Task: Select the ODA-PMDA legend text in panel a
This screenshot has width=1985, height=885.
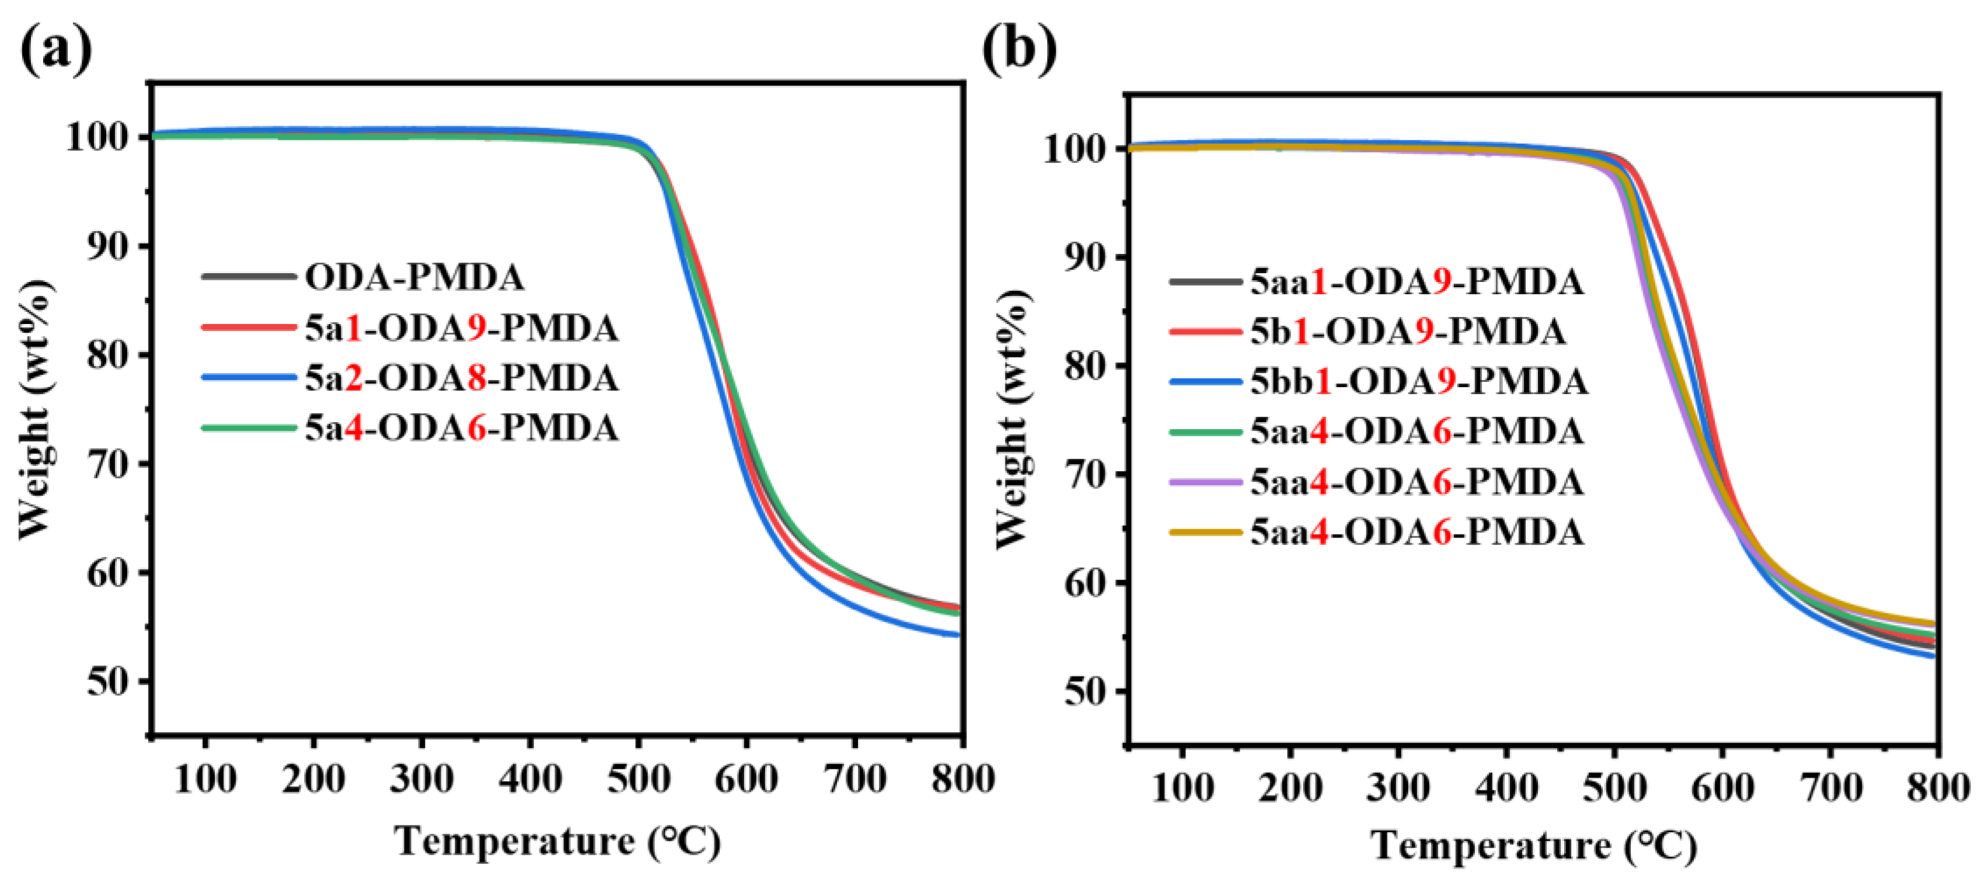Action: tap(414, 277)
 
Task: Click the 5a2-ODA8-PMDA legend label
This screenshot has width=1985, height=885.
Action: tap(462, 378)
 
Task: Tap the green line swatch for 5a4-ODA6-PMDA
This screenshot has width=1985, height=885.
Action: tap(248, 428)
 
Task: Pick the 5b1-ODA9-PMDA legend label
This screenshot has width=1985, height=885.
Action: tap(1407, 332)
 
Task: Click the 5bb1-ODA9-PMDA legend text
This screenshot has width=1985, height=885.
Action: tap(1418, 382)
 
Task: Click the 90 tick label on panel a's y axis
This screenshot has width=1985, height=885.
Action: tap(108, 247)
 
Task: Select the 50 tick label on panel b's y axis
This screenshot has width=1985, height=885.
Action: tap(1084, 692)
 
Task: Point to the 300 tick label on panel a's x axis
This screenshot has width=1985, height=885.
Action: tap(421, 779)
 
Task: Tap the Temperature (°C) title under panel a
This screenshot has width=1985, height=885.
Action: tap(558, 841)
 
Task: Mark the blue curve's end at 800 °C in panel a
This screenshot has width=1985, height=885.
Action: tap(958, 635)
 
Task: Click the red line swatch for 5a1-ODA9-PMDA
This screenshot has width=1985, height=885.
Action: tap(248, 327)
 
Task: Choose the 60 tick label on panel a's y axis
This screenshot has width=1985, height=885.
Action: tap(108, 573)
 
